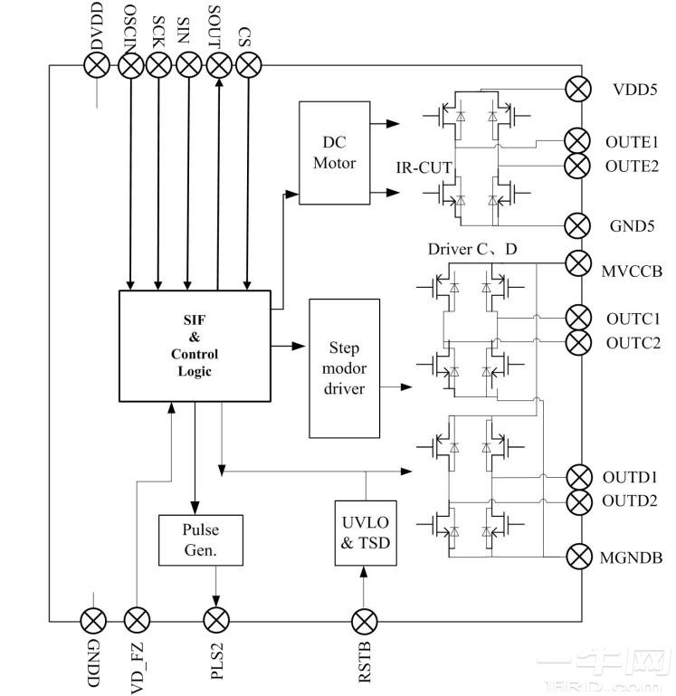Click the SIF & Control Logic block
(x=195, y=346)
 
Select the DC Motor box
(x=334, y=154)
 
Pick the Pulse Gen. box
(x=201, y=539)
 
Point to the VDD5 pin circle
(x=577, y=90)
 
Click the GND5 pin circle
(x=577, y=225)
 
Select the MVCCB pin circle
(x=577, y=263)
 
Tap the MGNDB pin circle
(x=577, y=556)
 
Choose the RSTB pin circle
(x=364, y=621)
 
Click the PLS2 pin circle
(x=216, y=621)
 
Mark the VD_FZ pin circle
(x=137, y=621)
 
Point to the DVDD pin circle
(x=97, y=64)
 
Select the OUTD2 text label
(x=630, y=501)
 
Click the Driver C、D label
(x=473, y=249)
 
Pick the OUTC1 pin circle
(x=577, y=319)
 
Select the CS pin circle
(x=248, y=64)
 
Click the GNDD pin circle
(x=94, y=621)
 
